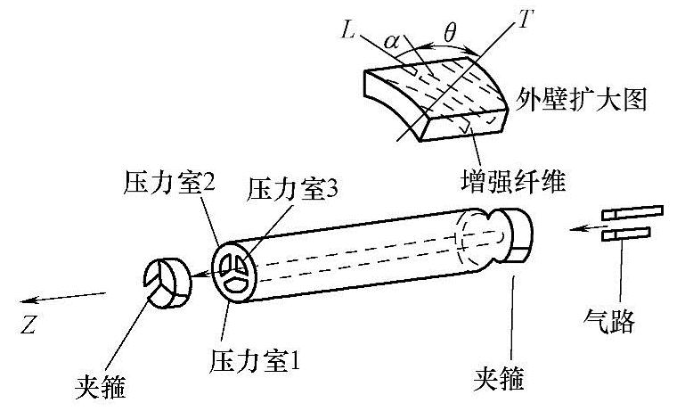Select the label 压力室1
(x=257, y=361)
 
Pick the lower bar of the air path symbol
(x=626, y=234)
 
